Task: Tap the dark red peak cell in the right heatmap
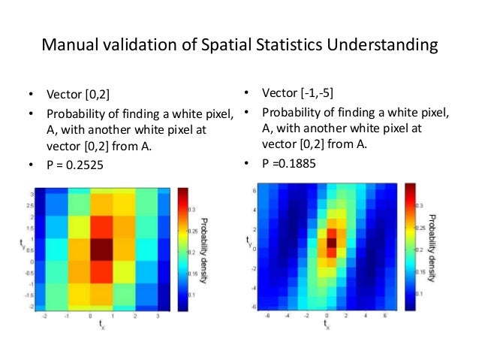click(331, 242)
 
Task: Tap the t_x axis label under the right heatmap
click(326, 325)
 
